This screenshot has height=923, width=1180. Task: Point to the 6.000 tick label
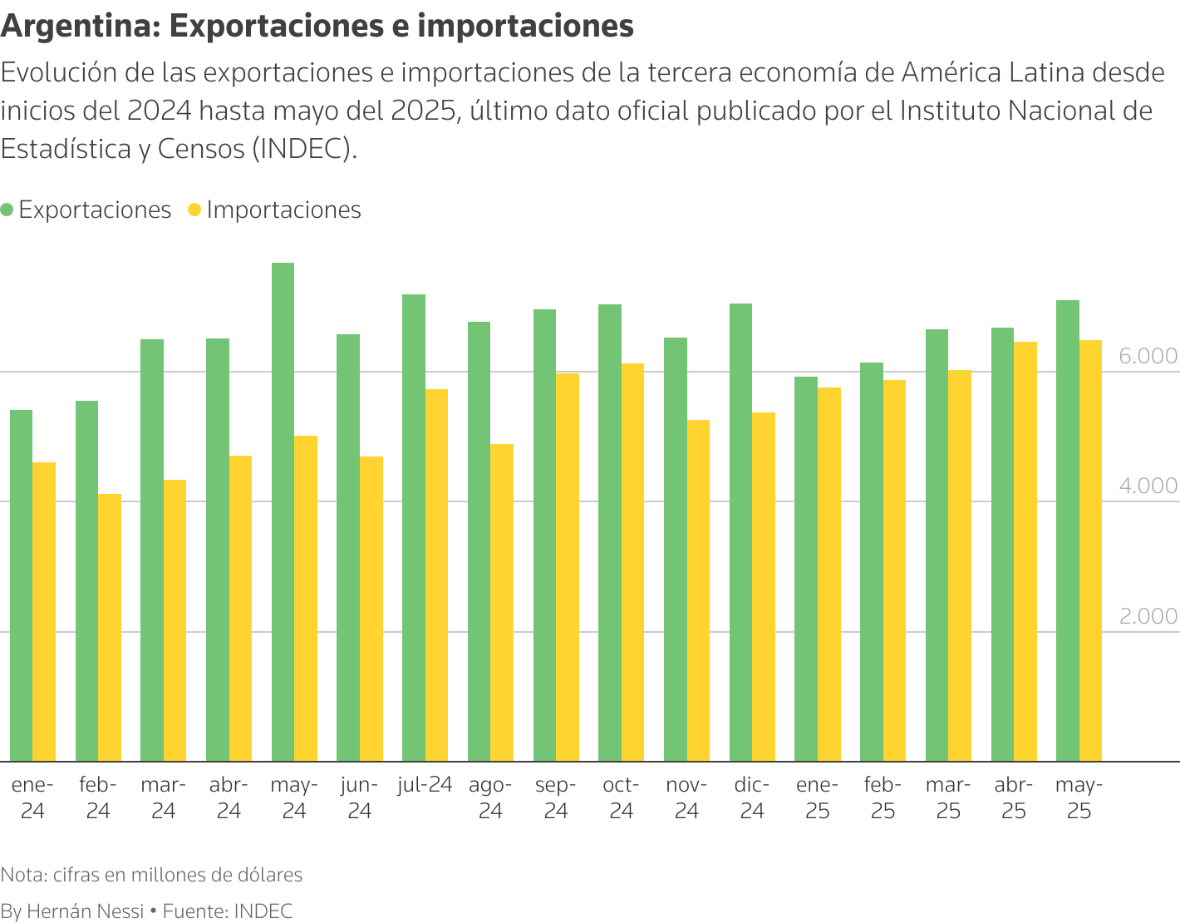pos(1148,356)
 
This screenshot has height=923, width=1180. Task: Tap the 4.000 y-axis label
pos(1148,486)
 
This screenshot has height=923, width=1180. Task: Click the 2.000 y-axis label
pos(1148,616)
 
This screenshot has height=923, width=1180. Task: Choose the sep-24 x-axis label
pos(556,797)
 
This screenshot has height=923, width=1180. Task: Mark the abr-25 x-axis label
pos(1014,797)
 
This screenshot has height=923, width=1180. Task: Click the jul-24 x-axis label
pos(425,785)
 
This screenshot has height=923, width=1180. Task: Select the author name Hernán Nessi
pos(85,911)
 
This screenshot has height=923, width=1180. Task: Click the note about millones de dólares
pos(151,875)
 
